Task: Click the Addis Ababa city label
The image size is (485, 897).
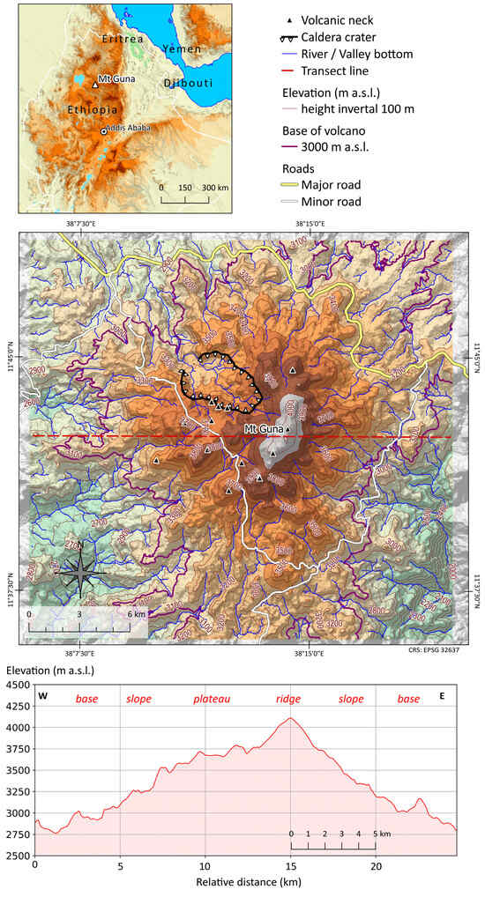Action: [129, 128]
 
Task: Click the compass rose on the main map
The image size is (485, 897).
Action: [80, 572]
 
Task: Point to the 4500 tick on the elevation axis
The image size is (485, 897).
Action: [17, 685]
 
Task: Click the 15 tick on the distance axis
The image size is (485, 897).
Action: [291, 866]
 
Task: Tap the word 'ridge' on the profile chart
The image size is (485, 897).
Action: [288, 699]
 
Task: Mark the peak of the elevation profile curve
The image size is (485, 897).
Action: [289, 718]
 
